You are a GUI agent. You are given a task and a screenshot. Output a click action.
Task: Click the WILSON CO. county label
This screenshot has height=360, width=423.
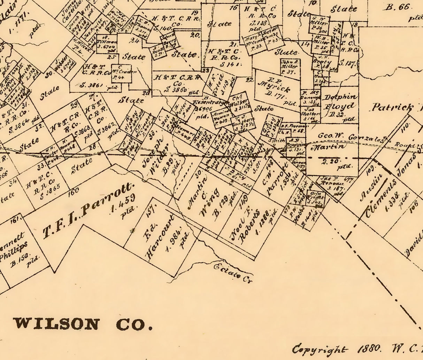(x=83, y=324)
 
